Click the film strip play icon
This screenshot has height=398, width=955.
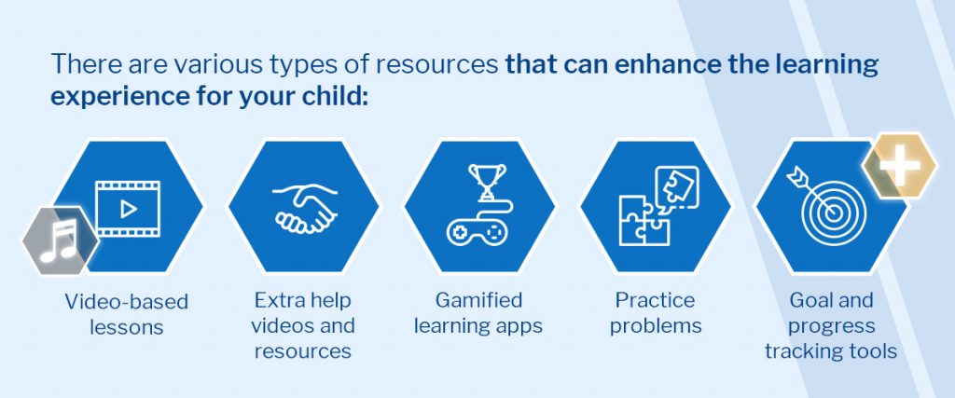click(128, 209)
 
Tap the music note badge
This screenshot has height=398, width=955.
click(60, 241)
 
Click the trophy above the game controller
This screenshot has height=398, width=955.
click(487, 181)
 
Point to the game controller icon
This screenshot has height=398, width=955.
click(479, 232)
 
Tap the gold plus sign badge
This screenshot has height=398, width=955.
click(900, 166)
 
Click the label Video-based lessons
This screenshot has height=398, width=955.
click(127, 314)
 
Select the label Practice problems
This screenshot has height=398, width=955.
click(656, 313)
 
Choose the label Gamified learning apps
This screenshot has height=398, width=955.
click(478, 313)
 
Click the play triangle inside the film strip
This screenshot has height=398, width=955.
click(129, 210)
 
